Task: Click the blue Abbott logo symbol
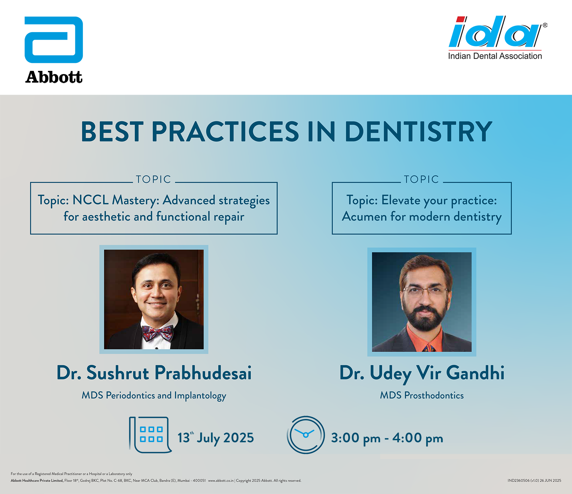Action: click(x=54, y=40)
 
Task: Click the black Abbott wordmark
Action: click(x=54, y=77)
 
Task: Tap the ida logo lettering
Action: click(x=495, y=31)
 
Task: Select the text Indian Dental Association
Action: click(x=495, y=56)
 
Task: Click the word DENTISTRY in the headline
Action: click(x=418, y=132)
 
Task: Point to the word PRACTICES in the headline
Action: click(x=225, y=132)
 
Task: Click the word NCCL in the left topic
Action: click(x=91, y=200)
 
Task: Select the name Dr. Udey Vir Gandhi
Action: click(x=422, y=374)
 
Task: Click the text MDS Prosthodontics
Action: click(x=422, y=396)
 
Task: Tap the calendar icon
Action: click(x=150, y=435)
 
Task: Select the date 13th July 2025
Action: click(x=216, y=438)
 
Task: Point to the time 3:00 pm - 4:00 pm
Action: click(x=387, y=438)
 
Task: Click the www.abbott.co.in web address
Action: click(x=221, y=481)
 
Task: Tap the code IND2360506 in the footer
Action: click(x=519, y=481)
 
